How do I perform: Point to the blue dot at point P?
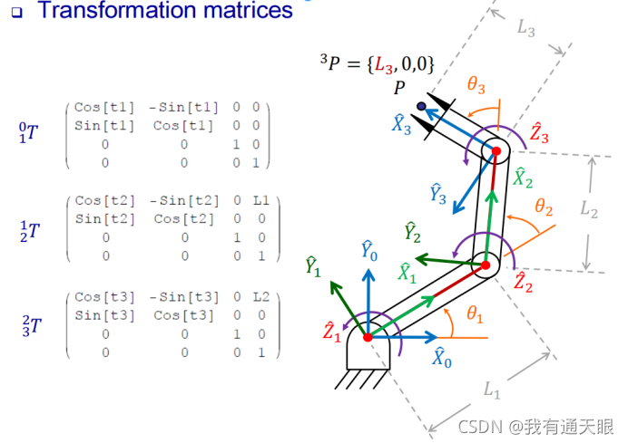coord(421,107)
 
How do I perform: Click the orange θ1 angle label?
coord(476,314)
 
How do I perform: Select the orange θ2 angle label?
coord(544,207)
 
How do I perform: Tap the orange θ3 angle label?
coord(476,86)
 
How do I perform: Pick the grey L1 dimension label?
coord(492,390)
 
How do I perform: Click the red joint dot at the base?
coord(368,337)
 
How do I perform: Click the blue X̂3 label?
coord(403,127)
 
